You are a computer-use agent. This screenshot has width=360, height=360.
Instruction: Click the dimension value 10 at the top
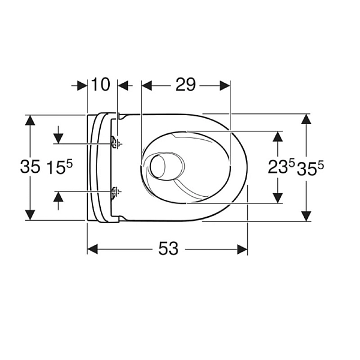coord(101,85)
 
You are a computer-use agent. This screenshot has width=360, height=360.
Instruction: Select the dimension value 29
coord(186,85)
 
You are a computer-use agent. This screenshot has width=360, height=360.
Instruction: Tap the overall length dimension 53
coord(168,248)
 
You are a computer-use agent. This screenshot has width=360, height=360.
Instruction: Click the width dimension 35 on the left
coord(30,167)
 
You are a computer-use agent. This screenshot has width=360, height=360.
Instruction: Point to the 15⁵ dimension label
coord(59,167)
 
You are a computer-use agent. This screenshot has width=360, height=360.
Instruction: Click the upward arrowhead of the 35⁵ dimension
coord(307,119)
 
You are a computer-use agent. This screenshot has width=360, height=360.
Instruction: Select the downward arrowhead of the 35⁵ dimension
coord(307,215)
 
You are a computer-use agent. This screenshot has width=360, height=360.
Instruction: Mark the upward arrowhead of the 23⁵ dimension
coord(277,136)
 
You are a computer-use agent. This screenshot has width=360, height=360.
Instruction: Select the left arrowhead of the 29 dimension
coord(146,86)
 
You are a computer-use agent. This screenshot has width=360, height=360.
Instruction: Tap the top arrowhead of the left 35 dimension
coord(30,120)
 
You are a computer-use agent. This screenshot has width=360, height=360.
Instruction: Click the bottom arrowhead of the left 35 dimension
coord(30,214)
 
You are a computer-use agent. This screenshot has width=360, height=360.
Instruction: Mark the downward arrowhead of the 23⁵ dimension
coord(277,197)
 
